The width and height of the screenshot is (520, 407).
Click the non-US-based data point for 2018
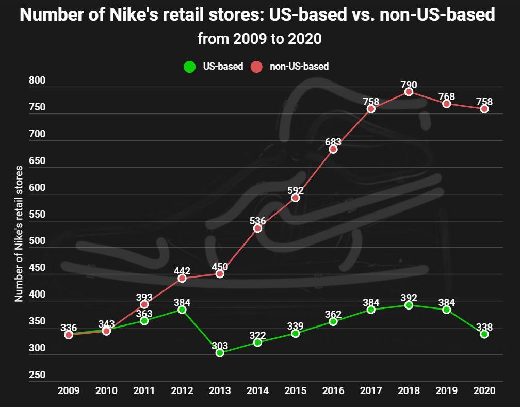coord(409,92)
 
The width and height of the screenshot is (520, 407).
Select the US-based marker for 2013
coord(220,353)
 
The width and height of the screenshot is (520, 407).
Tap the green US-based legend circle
coord(190,67)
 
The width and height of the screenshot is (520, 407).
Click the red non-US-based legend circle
coord(256,67)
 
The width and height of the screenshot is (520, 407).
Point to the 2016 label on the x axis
coord(333,390)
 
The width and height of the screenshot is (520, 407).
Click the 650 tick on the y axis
coord(37,161)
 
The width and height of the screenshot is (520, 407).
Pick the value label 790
coord(409,85)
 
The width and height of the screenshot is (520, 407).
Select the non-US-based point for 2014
coord(257,228)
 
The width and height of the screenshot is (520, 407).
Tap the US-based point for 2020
coord(484,334)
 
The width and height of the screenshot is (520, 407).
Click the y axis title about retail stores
coord(19,234)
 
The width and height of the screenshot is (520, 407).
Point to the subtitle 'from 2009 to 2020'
coord(259,39)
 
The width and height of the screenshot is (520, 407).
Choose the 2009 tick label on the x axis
coord(69,390)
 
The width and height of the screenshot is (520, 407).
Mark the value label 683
coord(333,142)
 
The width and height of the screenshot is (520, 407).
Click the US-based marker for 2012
coord(182,310)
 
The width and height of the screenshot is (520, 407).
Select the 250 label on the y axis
coord(37,375)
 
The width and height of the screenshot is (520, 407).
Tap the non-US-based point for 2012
coord(182,279)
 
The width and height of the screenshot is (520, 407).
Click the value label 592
coord(296,190)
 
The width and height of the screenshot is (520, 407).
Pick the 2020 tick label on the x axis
coord(484,390)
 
